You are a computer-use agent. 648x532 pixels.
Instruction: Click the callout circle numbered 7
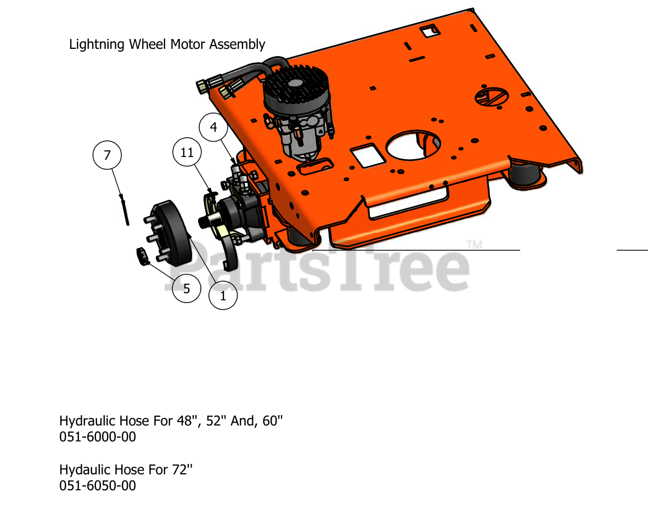(x=107, y=155)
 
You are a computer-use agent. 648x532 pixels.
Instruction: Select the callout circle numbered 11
(x=187, y=153)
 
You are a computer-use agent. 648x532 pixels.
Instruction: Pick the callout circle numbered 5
(x=187, y=288)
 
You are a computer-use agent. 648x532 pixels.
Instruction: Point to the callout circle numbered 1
(x=223, y=295)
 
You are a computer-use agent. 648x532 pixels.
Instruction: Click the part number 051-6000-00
(x=98, y=437)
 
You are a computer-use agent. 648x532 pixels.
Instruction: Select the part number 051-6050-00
(x=98, y=486)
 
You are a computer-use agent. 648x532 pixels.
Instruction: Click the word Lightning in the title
(x=97, y=44)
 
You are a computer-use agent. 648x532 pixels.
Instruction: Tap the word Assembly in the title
(x=240, y=44)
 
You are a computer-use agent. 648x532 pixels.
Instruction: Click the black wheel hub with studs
(x=167, y=231)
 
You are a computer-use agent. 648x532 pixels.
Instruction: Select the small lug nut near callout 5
(x=143, y=256)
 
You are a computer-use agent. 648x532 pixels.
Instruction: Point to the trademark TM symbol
(x=474, y=245)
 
